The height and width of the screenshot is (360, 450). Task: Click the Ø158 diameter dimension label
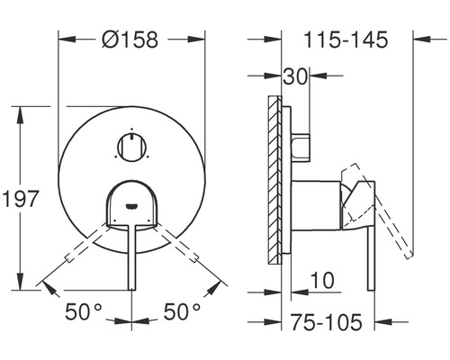point(130,40)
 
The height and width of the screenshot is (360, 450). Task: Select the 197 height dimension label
point(21,198)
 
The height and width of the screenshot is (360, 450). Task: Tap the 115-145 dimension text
point(346,40)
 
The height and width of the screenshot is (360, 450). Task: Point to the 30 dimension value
point(295,76)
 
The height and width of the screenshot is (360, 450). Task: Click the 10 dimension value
point(322,280)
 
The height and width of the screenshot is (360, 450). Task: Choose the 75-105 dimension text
point(327,322)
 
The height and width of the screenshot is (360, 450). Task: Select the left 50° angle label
point(84,311)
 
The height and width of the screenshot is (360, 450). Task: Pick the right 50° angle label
point(182,311)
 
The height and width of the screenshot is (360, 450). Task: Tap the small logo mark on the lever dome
point(132,206)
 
